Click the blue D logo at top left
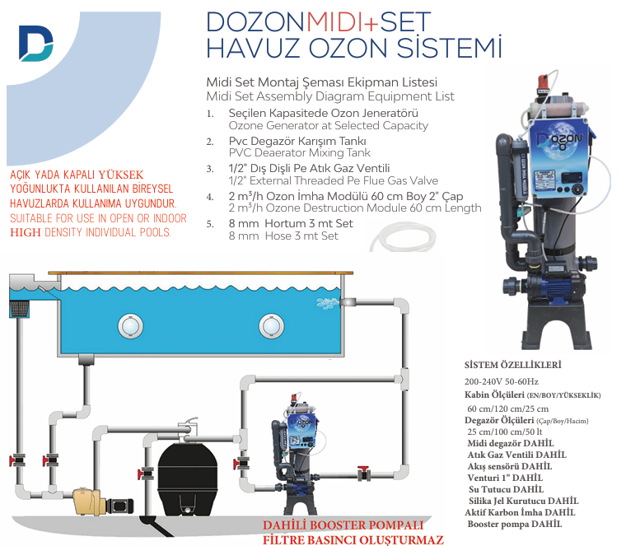coord(36,44)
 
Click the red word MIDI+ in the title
coord(342,22)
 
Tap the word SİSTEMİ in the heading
coord(449,48)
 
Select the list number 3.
coord(210,169)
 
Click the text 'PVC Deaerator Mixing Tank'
coord(300,153)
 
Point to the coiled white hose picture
coord(403,238)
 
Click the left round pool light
coord(130,325)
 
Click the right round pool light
coord(272,325)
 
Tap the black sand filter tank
coord(188,478)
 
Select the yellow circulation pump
coord(89,502)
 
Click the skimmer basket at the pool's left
coord(19,310)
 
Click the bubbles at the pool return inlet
coord(328,303)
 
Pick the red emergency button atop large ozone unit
coord(543,82)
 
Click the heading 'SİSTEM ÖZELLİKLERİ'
coord(512,365)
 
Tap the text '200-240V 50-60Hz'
coord(501,381)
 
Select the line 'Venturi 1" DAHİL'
coord(505,478)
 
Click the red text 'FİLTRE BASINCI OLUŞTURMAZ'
coord(353,540)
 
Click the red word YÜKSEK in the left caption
coord(121,175)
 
